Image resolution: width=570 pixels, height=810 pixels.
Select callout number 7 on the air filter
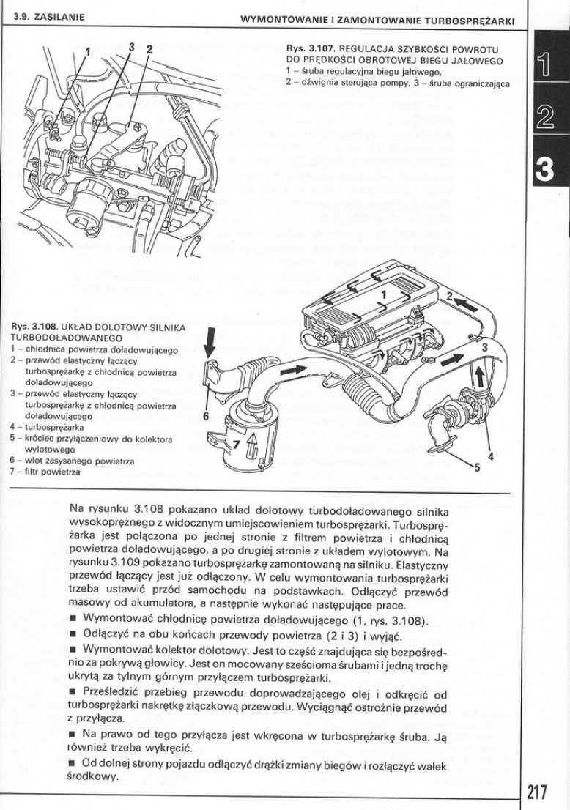click(235, 445)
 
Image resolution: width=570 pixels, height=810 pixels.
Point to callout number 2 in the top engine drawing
click(149, 51)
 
